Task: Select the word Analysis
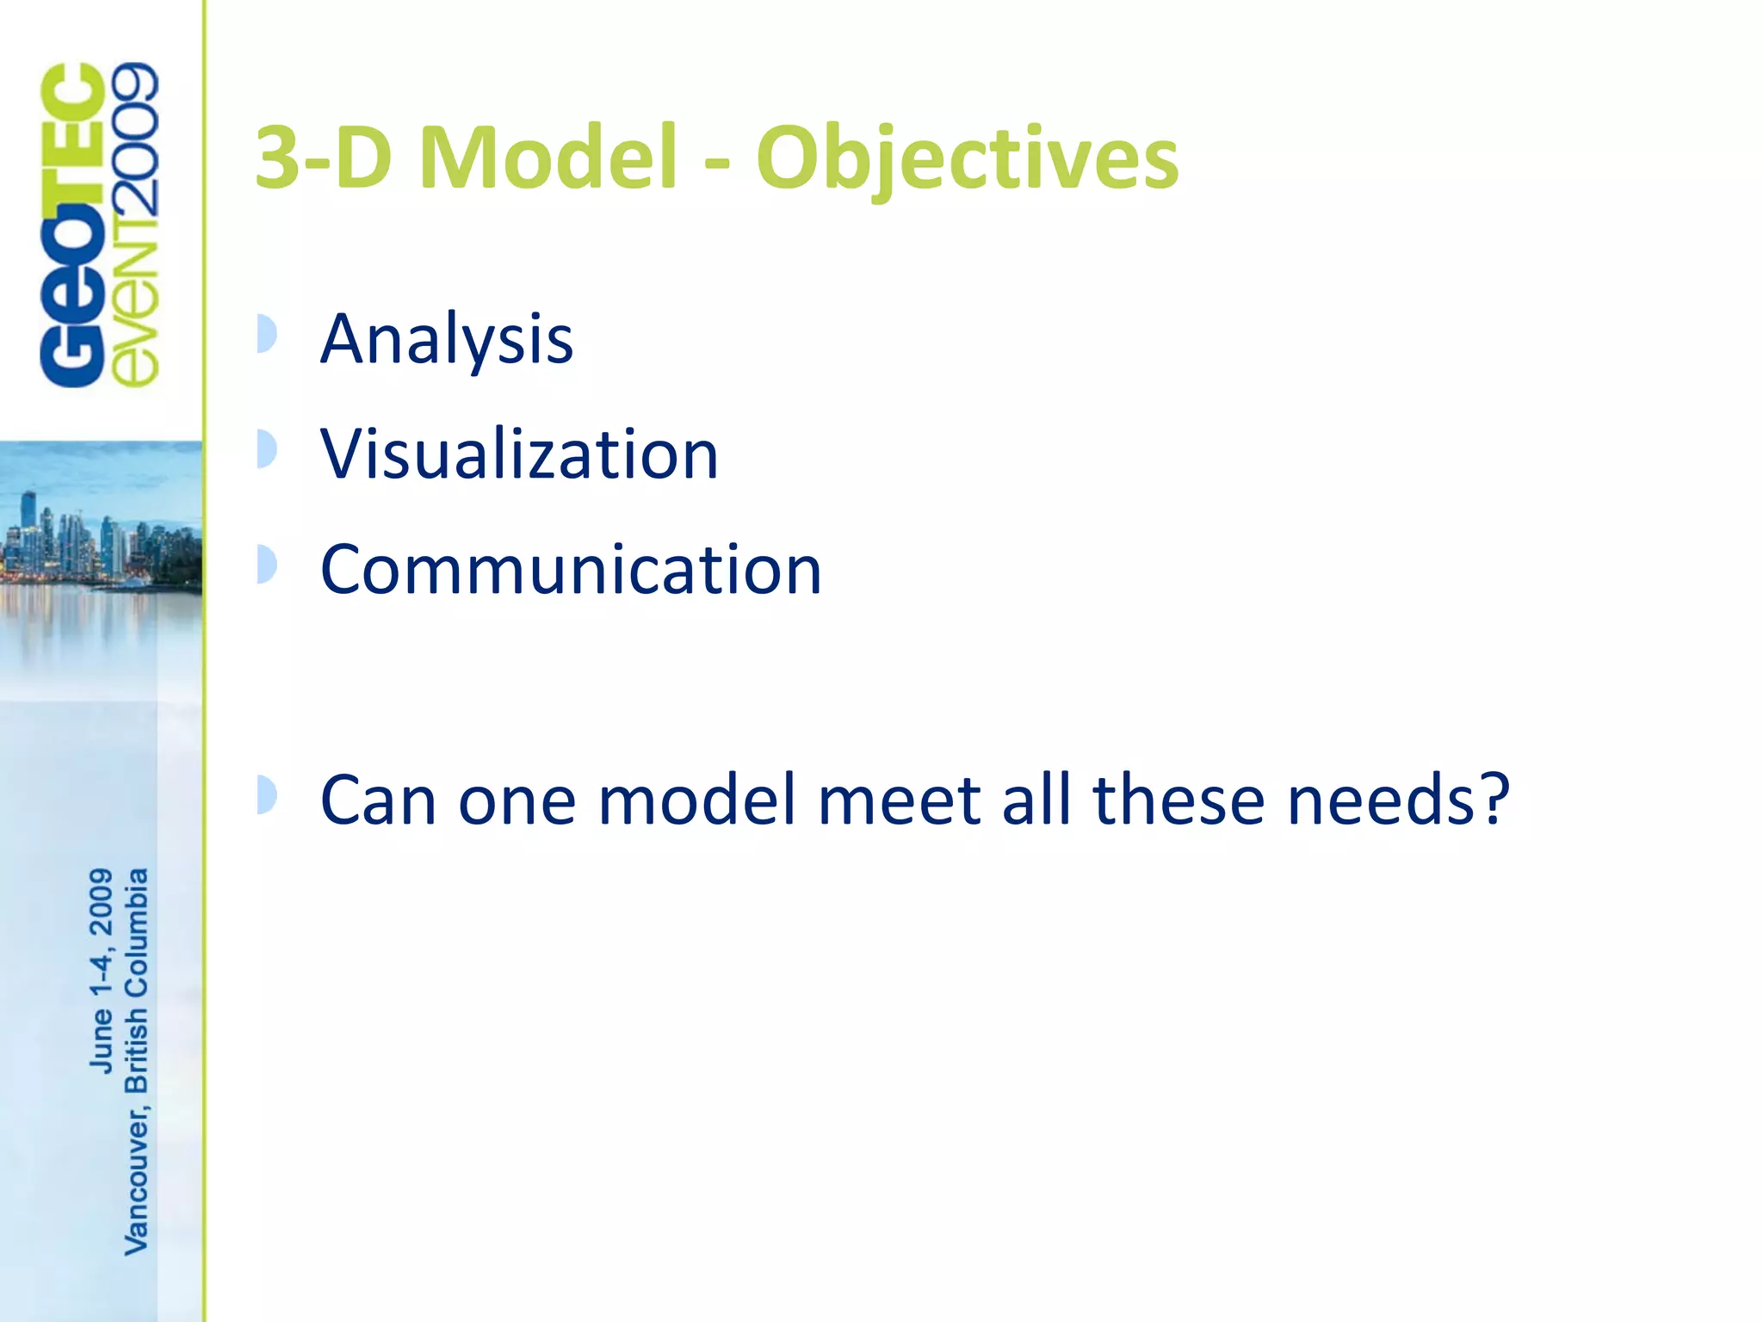tap(446, 340)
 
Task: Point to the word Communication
tap(571, 570)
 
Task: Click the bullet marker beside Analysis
tap(267, 334)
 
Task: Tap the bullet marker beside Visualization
tap(267, 449)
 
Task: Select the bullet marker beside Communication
tap(267, 565)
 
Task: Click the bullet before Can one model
tap(267, 794)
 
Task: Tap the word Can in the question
tap(379, 800)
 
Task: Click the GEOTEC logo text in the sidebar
tap(73, 225)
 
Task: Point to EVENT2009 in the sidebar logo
tap(135, 225)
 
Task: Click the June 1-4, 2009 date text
tap(101, 970)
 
